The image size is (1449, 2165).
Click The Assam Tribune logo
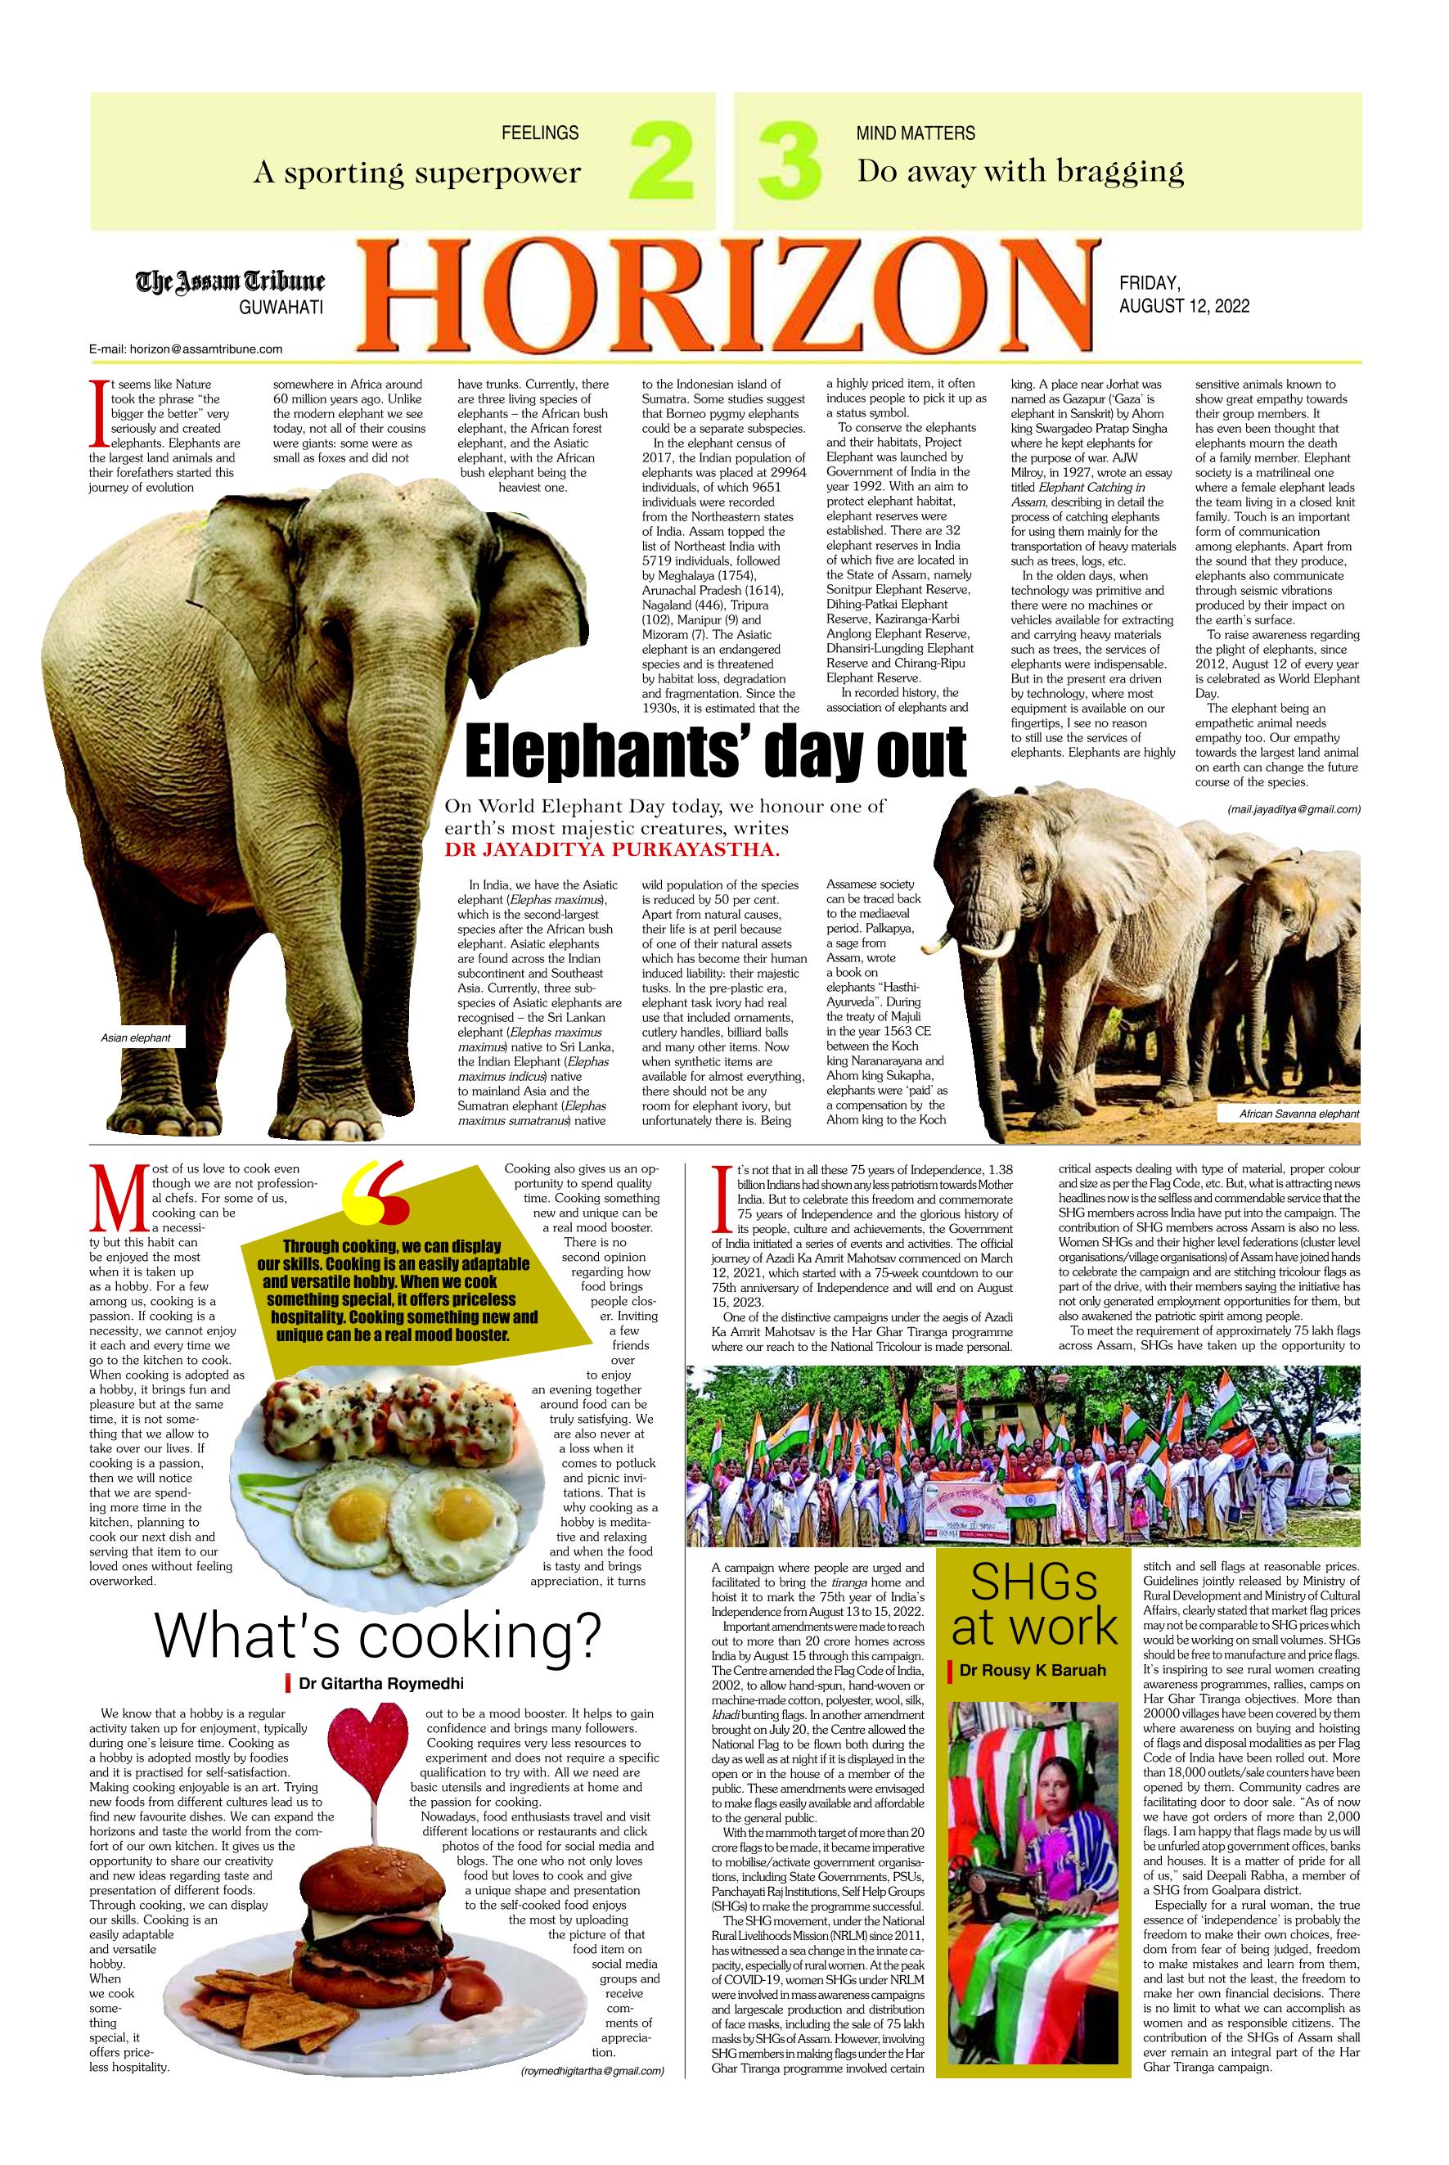coord(231,281)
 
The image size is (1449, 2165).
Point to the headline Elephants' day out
coord(715,750)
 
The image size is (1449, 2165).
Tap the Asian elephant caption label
coord(136,1038)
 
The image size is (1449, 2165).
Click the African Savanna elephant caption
coord(1298,1115)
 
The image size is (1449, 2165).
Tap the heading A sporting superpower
coord(416,172)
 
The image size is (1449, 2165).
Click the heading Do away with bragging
coord(1019,171)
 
